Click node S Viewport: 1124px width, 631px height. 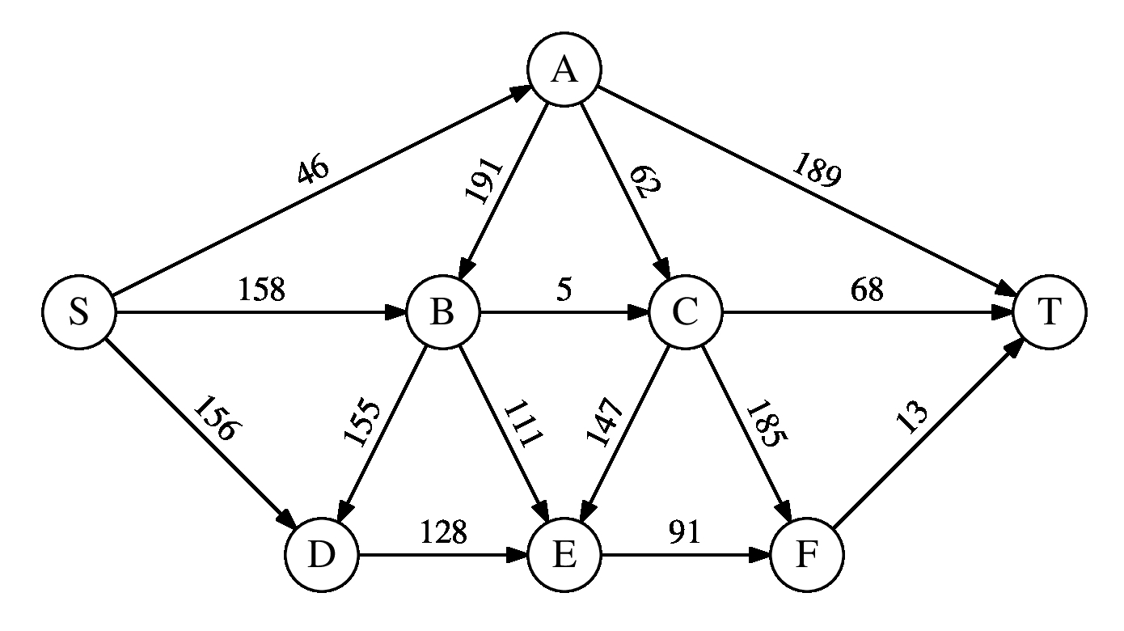pyautogui.click(x=78, y=313)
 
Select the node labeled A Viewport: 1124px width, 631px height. pyautogui.click(x=564, y=70)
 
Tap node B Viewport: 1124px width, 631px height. pyautogui.click(x=442, y=313)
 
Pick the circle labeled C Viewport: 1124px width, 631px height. pyautogui.click(x=685, y=313)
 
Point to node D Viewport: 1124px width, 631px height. pyautogui.click(x=321, y=556)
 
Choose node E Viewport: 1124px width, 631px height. pyautogui.click(x=564, y=556)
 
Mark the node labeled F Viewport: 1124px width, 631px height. pyautogui.click(x=806, y=556)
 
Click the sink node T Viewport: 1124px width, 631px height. pyautogui.click(x=1049, y=313)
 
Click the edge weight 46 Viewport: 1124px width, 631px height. pyautogui.click(x=313, y=171)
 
